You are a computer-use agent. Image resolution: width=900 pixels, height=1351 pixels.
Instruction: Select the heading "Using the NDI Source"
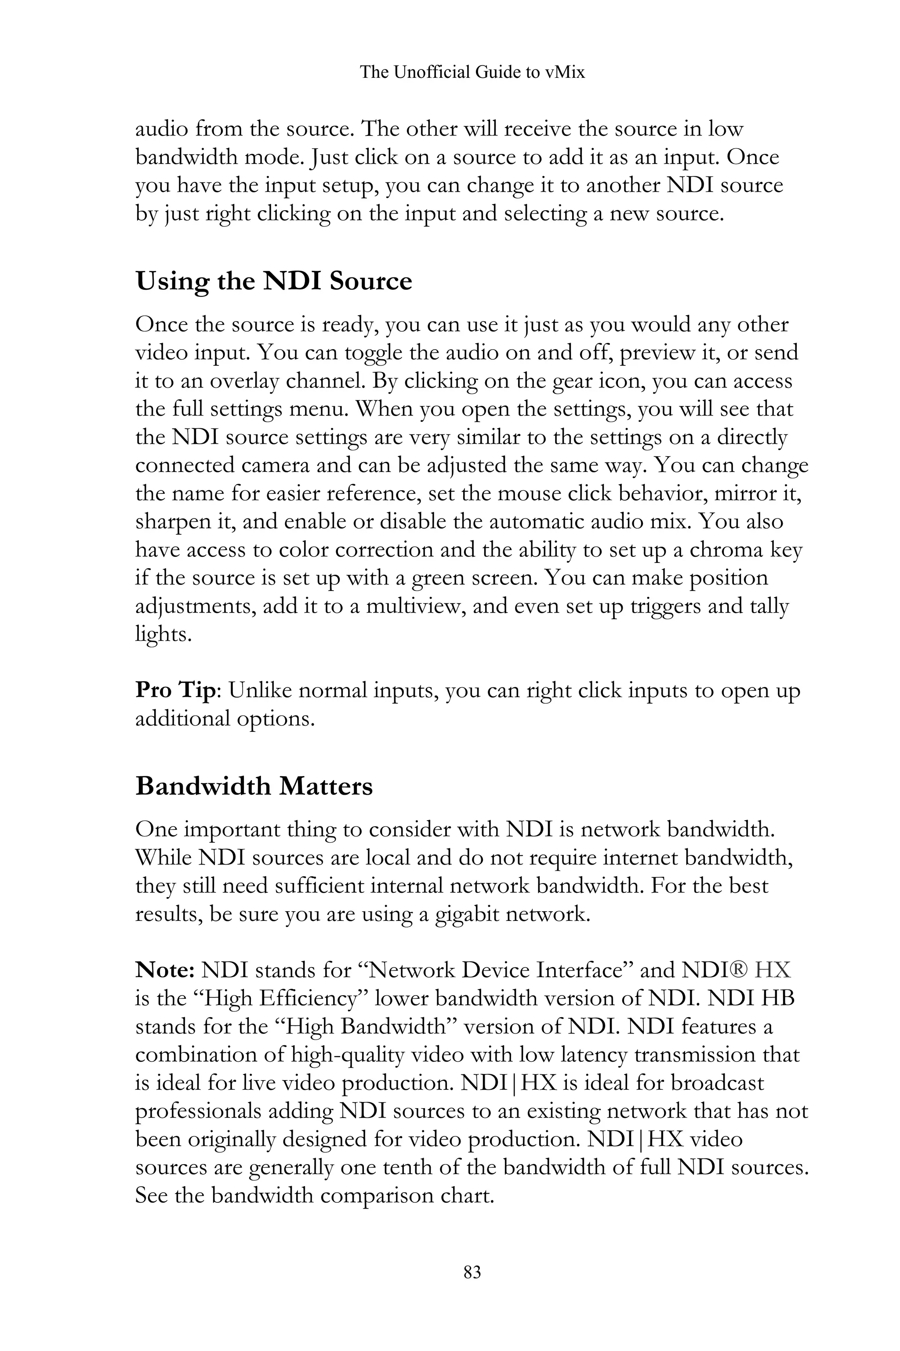pyautogui.click(x=273, y=281)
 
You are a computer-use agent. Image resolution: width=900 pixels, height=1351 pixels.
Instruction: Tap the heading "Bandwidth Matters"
pyautogui.click(x=254, y=786)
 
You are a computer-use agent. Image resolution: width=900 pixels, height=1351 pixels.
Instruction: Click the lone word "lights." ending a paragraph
pyautogui.click(x=163, y=634)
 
